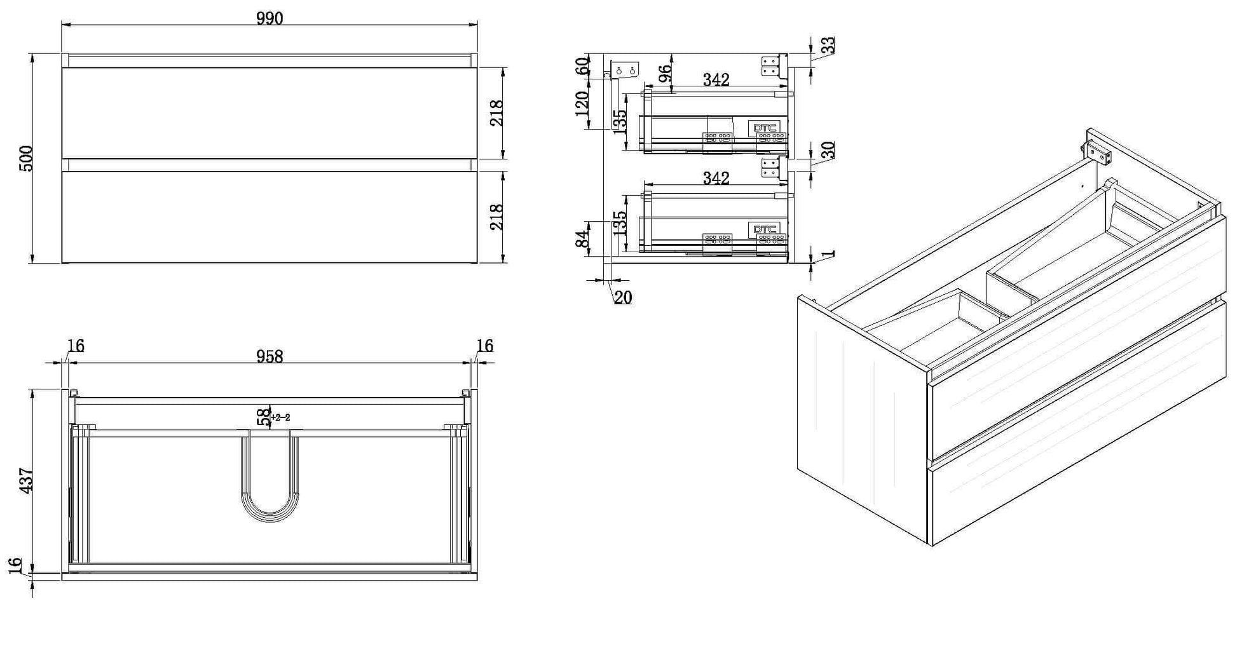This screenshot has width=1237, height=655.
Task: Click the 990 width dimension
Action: tap(270, 18)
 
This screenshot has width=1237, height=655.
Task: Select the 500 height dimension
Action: tap(26, 159)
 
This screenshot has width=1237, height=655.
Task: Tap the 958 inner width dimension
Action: tap(270, 356)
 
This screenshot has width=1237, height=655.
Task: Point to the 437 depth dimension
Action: tap(26, 481)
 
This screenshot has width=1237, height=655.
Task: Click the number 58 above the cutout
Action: tap(263, 417)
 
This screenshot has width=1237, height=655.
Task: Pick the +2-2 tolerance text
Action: tap(280, 417)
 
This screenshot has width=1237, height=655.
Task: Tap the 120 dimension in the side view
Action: tap(582, 104)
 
